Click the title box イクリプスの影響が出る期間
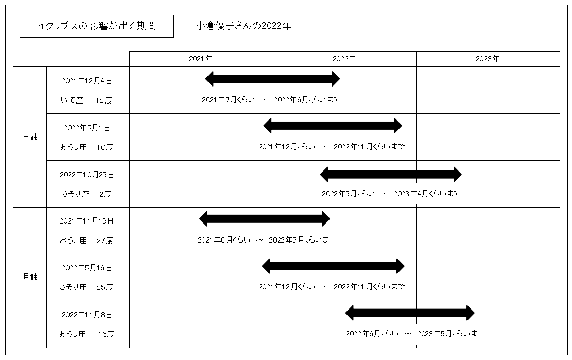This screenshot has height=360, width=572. pos(96,26)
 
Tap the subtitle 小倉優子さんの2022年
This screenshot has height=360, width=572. pos(244,26)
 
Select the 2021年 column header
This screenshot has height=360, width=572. pos(201,59)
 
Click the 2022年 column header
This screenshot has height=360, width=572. pos(344,59)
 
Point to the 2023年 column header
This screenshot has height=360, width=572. pos(488,59)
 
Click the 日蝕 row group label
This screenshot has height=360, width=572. pos(30,137)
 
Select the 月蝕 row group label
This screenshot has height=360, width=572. pos(30,277)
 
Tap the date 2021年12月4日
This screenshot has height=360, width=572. pos(87,81)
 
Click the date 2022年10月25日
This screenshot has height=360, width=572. pos(87,175)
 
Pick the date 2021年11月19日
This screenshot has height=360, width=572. pos(86,221)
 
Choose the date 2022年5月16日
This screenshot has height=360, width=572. pos(87,268)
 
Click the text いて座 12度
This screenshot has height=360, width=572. pos(86,100)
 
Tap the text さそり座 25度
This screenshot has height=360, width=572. pos(86,287)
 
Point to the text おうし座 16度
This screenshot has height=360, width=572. pos(86,334)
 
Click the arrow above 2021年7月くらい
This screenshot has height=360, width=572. pos(272,79)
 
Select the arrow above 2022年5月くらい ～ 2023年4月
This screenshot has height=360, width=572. pos(391,175)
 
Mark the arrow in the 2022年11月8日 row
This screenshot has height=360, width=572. pos(410,313)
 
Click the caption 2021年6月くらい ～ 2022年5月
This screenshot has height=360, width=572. pos(264,240)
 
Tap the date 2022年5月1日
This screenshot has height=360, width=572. pos(87,128)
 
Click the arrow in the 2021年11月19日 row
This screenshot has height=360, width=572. pos(265,219)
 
